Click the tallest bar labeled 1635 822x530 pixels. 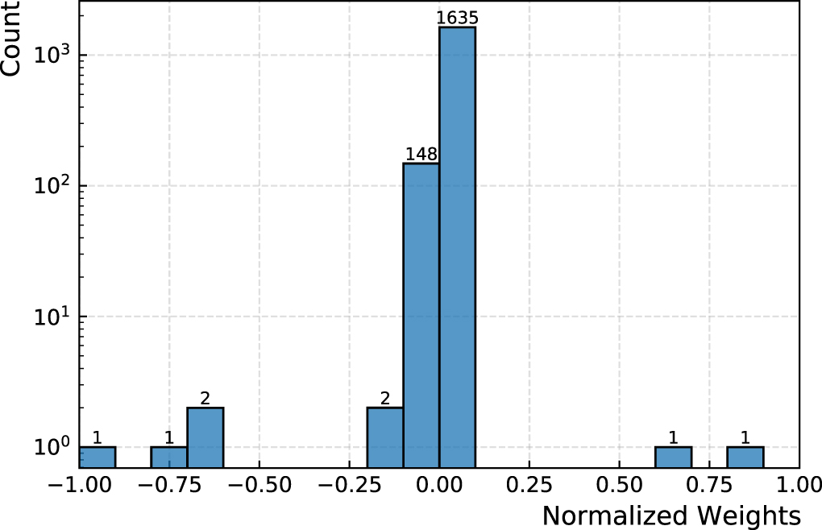point(457,242)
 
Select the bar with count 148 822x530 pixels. point(421,314)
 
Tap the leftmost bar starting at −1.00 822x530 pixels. point(97,457)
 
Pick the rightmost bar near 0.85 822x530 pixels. point(745,457)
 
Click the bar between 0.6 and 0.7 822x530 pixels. point(673,457)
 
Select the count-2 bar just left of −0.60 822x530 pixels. point(205,437)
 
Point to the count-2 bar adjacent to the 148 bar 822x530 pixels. point(384,437)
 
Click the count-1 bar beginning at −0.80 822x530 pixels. point(168,457)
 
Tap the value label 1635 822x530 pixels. point(457,18)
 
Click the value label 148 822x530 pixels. point(421,154)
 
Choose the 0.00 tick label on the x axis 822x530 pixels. point(439,486)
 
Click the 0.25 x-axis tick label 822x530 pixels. point(529,486)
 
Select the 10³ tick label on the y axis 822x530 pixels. point(54,55)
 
